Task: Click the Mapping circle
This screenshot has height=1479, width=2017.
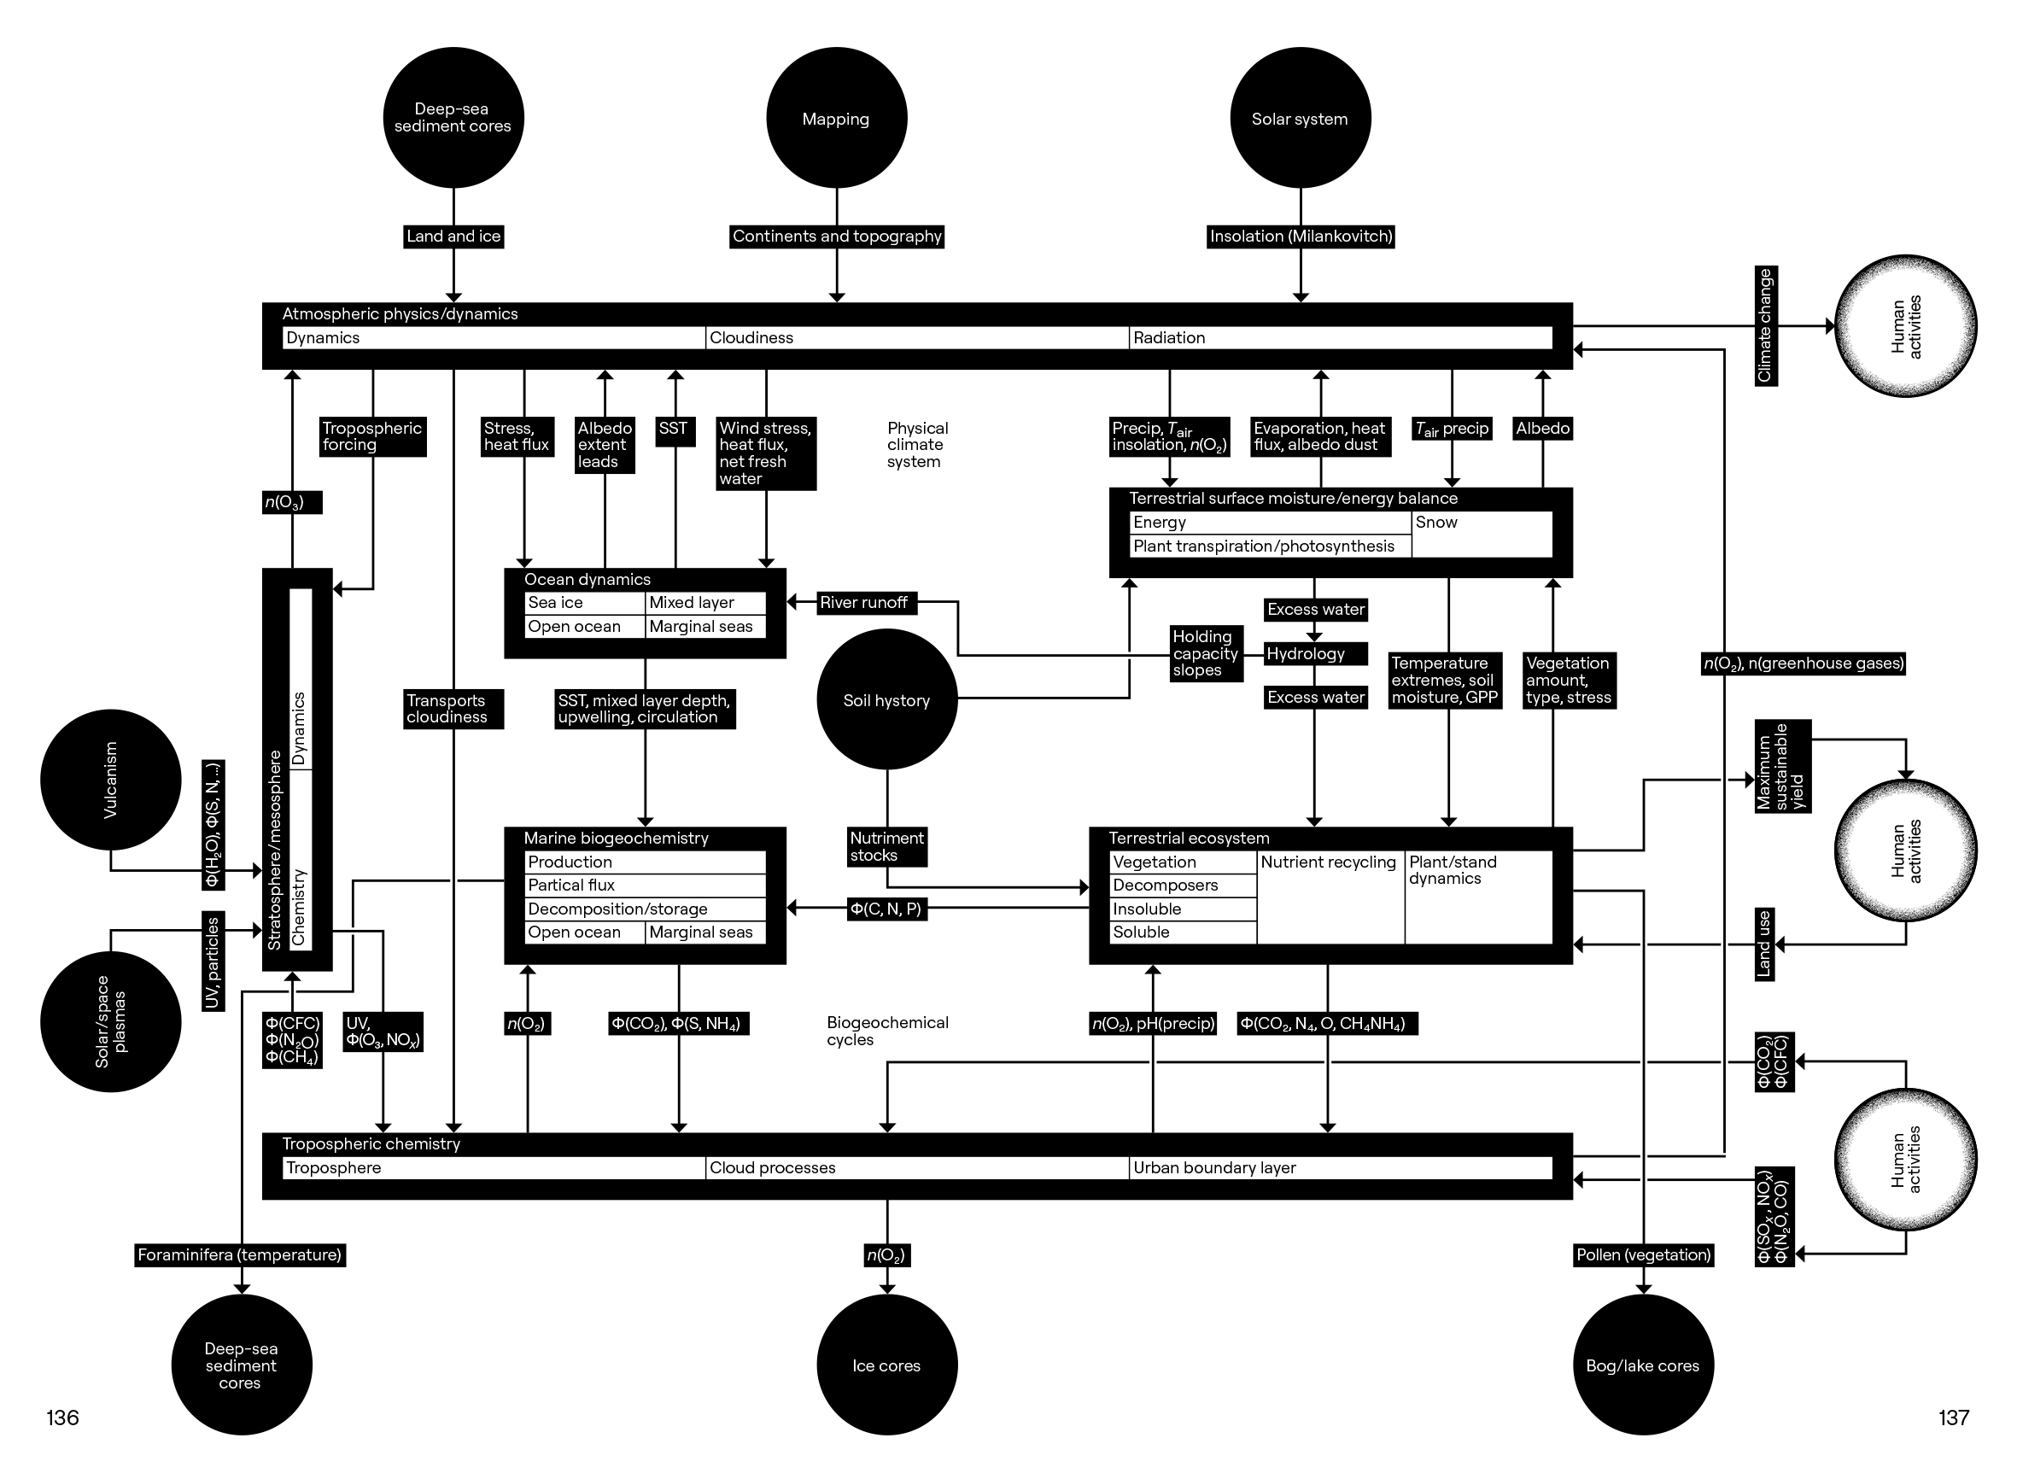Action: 836,118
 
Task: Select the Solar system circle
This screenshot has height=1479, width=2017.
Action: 1300,118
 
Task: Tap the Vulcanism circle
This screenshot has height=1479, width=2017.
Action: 110,780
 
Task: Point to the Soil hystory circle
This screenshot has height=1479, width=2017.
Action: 886,699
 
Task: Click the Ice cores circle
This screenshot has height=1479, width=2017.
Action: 886,1365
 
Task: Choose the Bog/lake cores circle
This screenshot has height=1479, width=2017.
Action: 1642,1365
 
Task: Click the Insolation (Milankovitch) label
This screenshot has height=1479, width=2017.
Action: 1300,237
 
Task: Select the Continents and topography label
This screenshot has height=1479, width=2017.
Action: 836,237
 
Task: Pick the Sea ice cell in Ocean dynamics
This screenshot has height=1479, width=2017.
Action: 584,603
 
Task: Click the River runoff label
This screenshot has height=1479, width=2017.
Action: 864,603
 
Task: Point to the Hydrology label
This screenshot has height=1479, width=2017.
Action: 1313,653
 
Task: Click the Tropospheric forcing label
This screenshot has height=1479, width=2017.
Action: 371,436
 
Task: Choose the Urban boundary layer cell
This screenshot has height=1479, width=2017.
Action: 1339,1167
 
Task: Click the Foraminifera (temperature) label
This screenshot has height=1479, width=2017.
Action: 240,1255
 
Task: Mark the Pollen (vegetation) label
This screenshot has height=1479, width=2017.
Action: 1643,1255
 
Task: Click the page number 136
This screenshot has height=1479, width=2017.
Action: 62,1418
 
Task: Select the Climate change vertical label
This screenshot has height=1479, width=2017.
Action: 1765,326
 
